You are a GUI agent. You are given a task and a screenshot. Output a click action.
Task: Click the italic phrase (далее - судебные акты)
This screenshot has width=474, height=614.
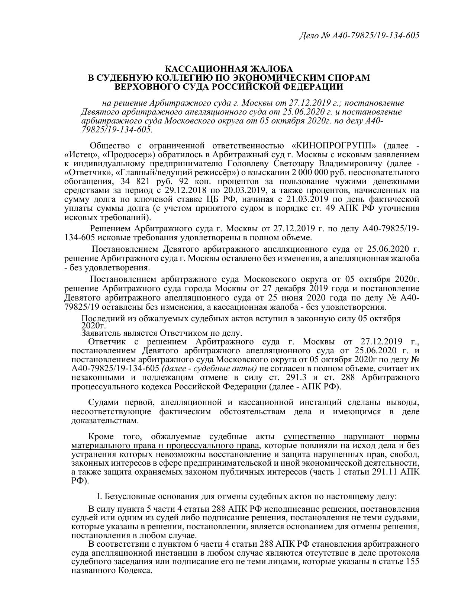(209, 369)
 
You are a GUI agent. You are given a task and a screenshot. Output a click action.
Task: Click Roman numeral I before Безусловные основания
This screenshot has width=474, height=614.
(99, 496)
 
